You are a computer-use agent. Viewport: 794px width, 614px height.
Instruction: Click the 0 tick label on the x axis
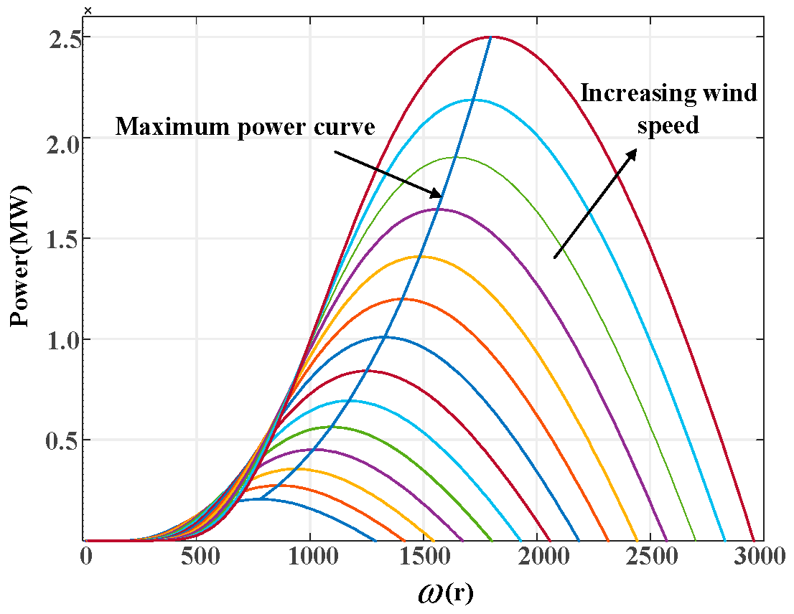(x=86, y=558)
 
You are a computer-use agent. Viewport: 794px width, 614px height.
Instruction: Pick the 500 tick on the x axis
(x=198, y=558)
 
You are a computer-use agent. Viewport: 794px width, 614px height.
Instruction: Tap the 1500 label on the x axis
(x=424, y=558)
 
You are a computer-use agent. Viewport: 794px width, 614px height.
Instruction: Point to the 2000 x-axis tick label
(x=536, y=558)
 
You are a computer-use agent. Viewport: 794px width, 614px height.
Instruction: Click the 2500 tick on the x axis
(x=649, y=558)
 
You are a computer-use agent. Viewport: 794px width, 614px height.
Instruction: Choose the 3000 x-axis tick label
(x=762, y=558)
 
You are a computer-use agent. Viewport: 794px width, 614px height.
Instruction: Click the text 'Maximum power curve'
(x=246, y=127)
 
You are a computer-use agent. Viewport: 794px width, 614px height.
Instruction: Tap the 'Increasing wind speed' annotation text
(x=668, y=109)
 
